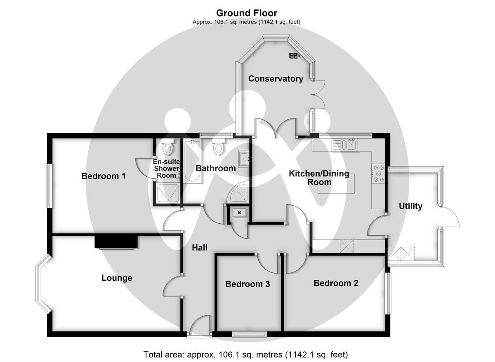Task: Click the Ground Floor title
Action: pyautogui.click(x=247, y=13)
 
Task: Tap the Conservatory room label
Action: pyautogui.click(x=276, y=79)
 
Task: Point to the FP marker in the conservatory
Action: pyautogui.click(x=293, y=56)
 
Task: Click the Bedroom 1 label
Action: pyautogui.click(x=104, y=176)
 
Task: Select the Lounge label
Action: pyautogui.click(x=117, y=278)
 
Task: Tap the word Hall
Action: pyautogui.click(x=200, y=247)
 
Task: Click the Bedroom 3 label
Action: pyautogui.click(x=247, y=284)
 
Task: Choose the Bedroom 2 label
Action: pyautogui.click(x=336, y=283)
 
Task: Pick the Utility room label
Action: pyautogui.click(x=410, y=206)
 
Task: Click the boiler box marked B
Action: pyautogui.click(x=239, y=213)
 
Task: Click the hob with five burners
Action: pyautogui.click(x=378, y=174)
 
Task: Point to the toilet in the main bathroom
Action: pyautogui.click(x=218, y=146)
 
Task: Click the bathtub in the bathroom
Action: pyautogui.click(x=193, y=161)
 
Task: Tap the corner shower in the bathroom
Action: pyautogui.click(x=240, y=193)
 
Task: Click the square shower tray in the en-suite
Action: pyautogui.click(x=168, y=193)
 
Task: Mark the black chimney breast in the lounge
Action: pyautogui.click(x=116, y=242)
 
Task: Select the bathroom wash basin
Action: pyautogui.click(x=244, y=159)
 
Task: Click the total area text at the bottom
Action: pyautogui.click(x=246, y=355)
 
